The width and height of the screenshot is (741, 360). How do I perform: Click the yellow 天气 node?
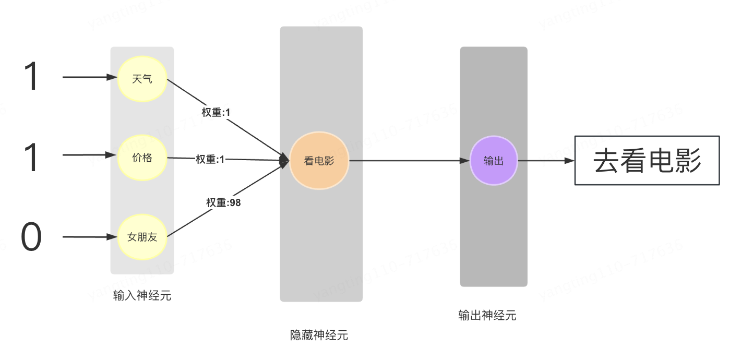[x=142, y=79]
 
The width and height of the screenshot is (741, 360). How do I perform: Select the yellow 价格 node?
[x=142, y=158]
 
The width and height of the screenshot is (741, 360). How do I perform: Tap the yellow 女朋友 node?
[x=142, y=237]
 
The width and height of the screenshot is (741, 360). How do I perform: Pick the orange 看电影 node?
[x=319, y=161]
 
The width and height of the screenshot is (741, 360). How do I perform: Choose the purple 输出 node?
[x=494, y=161]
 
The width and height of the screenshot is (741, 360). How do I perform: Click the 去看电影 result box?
[x=647, y=161]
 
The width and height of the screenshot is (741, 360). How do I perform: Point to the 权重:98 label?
[x=223, y=203]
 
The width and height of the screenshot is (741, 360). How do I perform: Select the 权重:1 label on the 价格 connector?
[x=210, y=159]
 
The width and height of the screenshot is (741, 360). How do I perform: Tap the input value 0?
[x=31, y=237]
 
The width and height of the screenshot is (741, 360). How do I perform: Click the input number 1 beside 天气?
[x=31, y=77]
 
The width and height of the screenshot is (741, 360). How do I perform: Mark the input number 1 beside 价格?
[x=31, y=157]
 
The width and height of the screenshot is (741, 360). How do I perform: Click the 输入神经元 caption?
[x=142, y=296]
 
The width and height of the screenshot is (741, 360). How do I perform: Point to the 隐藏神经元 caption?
[x=319, y=335]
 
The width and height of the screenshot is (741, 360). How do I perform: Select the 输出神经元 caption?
[x=487, y=316]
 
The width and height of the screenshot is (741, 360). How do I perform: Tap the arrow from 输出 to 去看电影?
[x=546, y=161]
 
